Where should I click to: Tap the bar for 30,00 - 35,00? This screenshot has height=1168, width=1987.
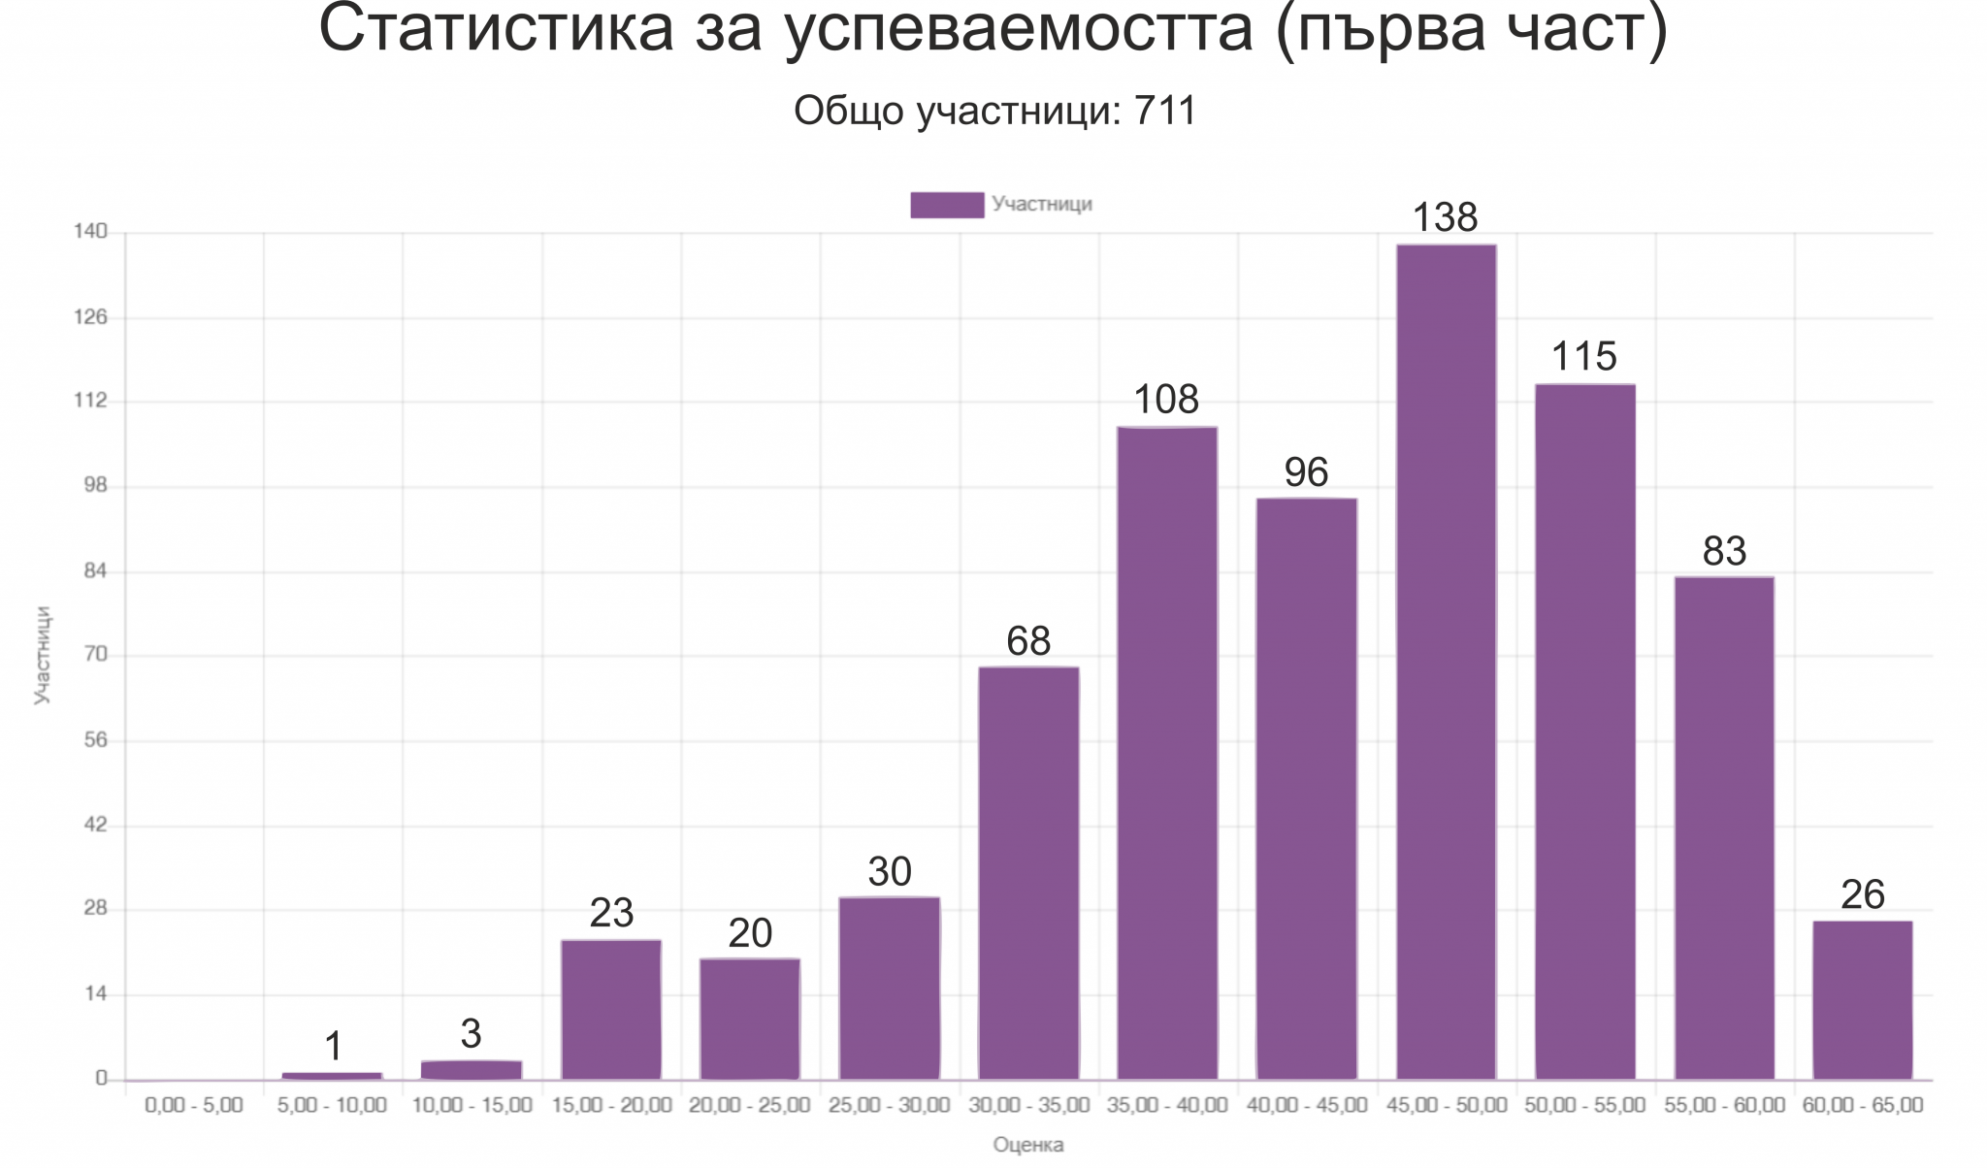click(1028, 873)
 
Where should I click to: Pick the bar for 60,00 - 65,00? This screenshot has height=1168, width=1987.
click(1862, 1000)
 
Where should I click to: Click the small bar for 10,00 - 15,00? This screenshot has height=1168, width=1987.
click(472, 1070)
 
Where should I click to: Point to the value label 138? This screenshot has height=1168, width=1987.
click(1445, 218)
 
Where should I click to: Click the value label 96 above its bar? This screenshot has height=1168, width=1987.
click(1306, 472)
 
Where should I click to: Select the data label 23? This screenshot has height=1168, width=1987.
click(611, 913)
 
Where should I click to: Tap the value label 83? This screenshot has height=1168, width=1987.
click(1724, 551)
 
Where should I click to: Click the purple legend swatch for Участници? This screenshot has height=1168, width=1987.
click(946, 205)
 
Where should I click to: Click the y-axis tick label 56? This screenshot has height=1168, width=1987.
click(95, 740)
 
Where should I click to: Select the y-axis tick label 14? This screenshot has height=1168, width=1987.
click(95, 993)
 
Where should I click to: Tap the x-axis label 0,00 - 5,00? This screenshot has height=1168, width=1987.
click(194, 1105)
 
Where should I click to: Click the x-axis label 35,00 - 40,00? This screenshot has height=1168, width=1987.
click(1167, 1105)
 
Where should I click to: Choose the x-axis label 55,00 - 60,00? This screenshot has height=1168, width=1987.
click(1724, 1105)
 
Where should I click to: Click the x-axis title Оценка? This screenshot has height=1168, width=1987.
click(1027, 1146)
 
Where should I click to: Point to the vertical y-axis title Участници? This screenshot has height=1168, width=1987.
click(43, 655)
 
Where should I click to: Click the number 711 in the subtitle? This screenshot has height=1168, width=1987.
click(1165, 112)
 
